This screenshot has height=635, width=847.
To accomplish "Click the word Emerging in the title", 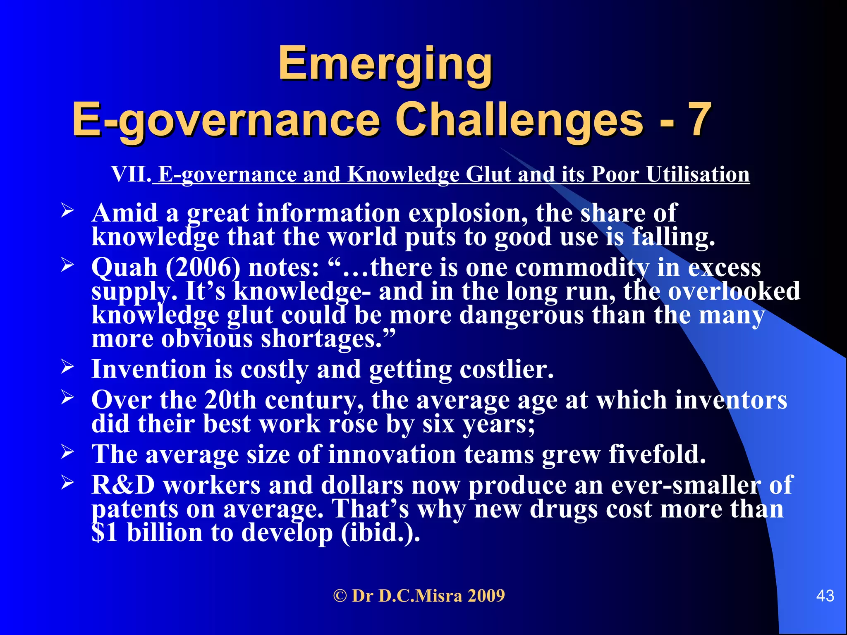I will coord(385,64).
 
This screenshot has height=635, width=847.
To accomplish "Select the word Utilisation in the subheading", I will coord(698,174).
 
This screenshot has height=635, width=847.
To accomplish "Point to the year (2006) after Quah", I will coord(203,268).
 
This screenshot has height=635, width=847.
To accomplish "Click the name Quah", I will coord(124,268).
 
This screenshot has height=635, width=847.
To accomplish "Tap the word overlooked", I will coord(734,291).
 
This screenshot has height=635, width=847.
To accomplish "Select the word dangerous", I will coord(522,315).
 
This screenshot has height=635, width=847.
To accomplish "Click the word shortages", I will coord(321,339).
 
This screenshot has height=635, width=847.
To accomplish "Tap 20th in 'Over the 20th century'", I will coord(230,400).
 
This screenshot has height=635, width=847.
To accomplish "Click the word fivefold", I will coord(657,454).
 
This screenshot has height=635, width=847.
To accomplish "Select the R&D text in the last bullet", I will coord(123,485).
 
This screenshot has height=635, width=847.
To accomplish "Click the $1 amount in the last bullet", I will coord(105,532).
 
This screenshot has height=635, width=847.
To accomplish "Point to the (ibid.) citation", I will coord(380,532).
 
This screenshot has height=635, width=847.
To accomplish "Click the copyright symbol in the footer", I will coord(340,596).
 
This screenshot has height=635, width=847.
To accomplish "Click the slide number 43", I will coord(825,596).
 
